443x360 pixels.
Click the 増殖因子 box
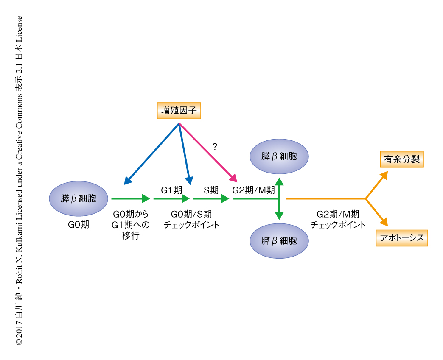[x=178, y=111]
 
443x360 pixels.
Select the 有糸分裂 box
[x=401, y=160]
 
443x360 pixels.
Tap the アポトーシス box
[x=402, y=238]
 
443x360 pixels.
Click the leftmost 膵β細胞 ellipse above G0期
[x=79, y=198]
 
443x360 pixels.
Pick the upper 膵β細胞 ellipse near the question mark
[x=279, y=156]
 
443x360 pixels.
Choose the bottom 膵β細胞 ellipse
[x=279, y=241]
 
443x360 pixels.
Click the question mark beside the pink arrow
[x=215, y=147]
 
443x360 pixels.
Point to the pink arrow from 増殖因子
[x=207, y=151]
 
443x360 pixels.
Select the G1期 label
[x=171, y=190]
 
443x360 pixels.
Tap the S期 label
[x=211, y=190]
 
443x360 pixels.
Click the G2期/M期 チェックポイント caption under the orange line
[x=338, y=220]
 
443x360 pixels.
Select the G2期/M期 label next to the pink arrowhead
[x=253, y=190]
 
